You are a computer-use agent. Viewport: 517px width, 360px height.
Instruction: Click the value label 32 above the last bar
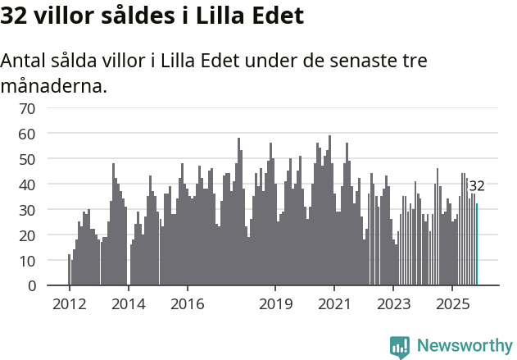pos(477,186)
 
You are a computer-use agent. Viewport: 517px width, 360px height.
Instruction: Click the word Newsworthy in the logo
pos(464,346)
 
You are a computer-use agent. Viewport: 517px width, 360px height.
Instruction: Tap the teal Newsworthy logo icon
pos(400,347)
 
